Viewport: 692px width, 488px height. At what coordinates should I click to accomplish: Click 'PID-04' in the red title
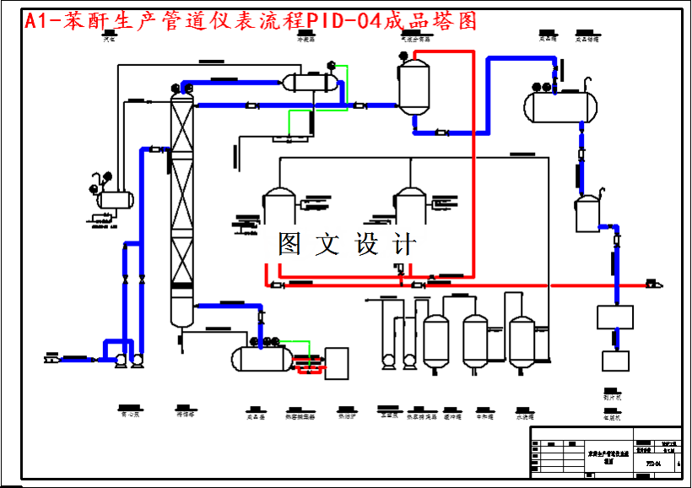pos(343,21)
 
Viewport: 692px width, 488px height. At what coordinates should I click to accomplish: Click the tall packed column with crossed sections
pos(181,207)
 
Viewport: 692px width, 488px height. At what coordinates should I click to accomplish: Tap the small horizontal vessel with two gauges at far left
pos(115,200)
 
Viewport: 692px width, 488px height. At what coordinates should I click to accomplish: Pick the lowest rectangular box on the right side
pos(616,361)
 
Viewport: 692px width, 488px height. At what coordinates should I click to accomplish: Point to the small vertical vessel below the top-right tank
pos(587,214)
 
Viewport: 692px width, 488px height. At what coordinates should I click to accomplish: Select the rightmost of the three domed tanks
pos(522,342)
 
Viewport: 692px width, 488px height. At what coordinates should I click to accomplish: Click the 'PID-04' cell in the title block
pos(652,464)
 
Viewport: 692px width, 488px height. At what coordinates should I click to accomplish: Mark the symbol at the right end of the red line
pos(653,285)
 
